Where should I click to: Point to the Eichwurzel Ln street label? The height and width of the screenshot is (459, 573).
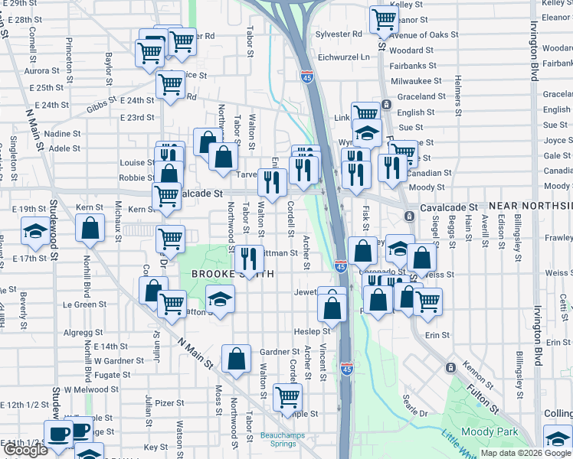[x=344, y=56]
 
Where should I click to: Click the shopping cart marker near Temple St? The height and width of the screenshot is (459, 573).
[x=287, y=398]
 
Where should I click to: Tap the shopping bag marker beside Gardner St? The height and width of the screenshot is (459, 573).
[x=236, y=359]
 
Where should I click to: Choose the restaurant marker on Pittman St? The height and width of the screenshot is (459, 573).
[x=247, y=259]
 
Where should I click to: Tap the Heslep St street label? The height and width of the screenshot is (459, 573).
[x=313, y=331]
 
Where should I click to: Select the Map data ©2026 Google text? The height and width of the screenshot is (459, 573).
[x=526, y=453]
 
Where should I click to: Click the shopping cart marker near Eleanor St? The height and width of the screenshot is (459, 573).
[x=383, y=21]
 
